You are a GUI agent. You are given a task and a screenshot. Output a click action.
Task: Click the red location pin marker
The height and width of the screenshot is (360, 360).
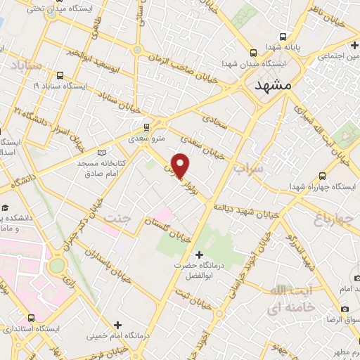click(181, 165)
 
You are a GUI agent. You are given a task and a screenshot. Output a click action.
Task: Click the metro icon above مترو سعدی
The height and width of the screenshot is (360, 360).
click(146, 127)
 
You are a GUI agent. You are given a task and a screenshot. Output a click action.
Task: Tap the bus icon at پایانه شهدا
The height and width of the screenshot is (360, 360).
click(283, 37)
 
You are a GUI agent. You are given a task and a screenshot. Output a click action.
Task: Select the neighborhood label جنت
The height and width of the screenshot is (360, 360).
click(117, 219)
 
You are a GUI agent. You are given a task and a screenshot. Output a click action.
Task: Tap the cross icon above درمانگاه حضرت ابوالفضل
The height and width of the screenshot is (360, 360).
click(199, 254)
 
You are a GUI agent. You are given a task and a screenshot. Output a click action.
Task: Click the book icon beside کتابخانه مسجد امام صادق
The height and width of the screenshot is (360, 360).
click(103, 153)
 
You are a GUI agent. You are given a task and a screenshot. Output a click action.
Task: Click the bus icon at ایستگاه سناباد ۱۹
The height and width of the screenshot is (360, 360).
click(59, 75)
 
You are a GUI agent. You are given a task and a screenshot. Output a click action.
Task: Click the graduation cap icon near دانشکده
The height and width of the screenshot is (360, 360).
click(5, 208)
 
